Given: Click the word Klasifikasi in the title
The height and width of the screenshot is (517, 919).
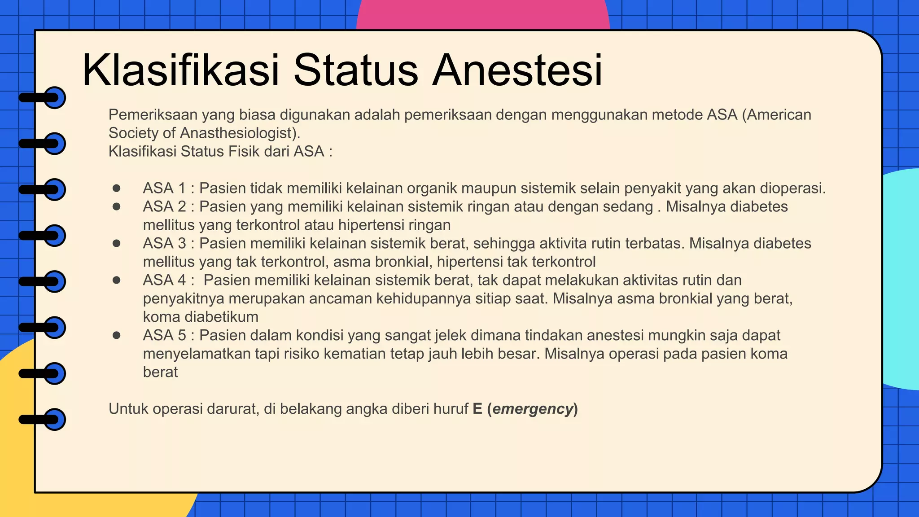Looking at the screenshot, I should coord(181,70).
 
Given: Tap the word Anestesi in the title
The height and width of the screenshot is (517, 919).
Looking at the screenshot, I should coord(517,70).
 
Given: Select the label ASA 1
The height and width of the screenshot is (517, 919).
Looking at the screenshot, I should coord(164,188).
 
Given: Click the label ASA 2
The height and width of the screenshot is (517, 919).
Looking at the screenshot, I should coord(164,206).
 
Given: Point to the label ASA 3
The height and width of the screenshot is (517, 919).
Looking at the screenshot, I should coord(164,243).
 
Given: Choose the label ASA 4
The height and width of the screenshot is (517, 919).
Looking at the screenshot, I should coord(164,280).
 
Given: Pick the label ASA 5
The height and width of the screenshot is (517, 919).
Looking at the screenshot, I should coord(164,335).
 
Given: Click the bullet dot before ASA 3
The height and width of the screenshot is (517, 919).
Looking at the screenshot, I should coord(117,243).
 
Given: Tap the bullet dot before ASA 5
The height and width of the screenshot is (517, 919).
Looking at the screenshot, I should coord(117,335).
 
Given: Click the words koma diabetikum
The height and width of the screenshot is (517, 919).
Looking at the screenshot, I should coord(201,317).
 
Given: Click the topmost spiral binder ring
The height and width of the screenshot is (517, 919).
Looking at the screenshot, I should coord(54,97).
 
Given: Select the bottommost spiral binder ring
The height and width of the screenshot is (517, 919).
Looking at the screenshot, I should coord(54,420).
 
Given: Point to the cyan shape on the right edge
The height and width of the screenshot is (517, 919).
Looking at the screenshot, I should coord(902,278).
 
